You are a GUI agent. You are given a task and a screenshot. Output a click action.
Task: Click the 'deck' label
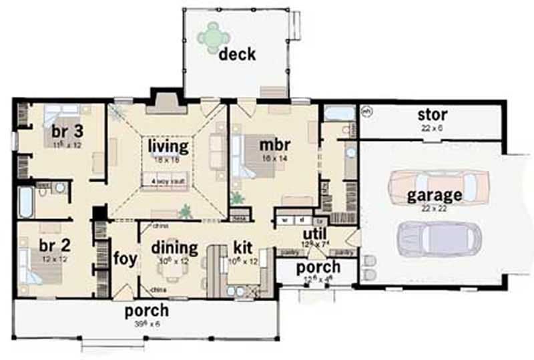click(237, 53)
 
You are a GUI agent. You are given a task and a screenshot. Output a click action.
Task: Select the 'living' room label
click(168, 146)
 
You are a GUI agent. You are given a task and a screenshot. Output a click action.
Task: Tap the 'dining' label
click(174, 248)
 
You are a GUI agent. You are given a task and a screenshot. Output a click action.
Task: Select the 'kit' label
click(242, 248)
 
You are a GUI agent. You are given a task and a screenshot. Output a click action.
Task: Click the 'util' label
click(314, 234)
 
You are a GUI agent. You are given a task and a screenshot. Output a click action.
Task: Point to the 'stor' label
click(433, 114)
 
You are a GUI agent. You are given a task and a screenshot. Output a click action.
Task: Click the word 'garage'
click(435, 196)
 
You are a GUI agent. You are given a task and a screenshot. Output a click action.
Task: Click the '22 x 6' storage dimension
click(433, 127)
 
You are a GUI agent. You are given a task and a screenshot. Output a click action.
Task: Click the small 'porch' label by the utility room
click(318, 266)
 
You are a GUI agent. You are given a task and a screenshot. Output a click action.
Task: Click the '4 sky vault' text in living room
click(168, 180)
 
